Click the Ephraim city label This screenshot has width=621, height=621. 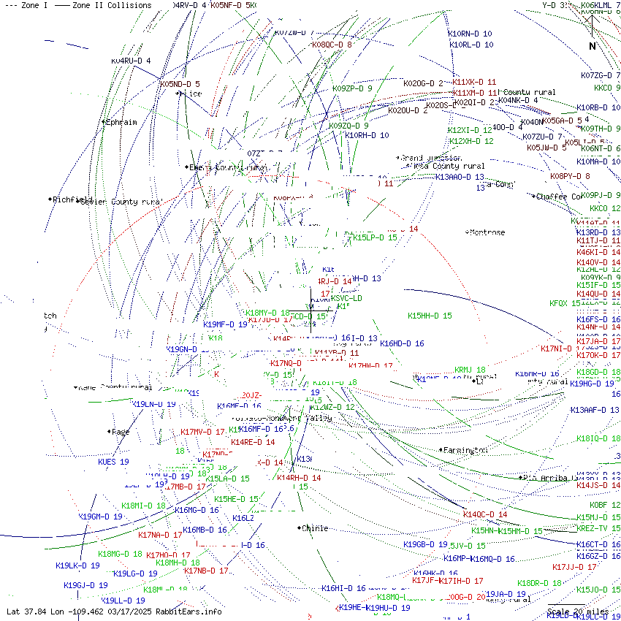(121, 122)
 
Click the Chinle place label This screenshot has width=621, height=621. (315, 528)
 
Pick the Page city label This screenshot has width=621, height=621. (121, 432)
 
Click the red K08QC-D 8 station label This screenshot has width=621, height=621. (332, 45)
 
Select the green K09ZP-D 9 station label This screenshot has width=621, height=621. (352, 88)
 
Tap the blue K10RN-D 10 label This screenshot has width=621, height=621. (470, 34)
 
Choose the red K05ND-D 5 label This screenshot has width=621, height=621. (180, 84)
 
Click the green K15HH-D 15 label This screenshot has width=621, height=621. (430, 316)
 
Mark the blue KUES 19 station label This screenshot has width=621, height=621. (113, 462)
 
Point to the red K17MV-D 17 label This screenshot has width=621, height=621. (202, 432)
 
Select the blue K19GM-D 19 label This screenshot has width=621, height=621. (100, 517)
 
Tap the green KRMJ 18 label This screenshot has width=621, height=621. (470, 370)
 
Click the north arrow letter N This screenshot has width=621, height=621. (593, 46)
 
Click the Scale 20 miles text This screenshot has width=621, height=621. (578, 612)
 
